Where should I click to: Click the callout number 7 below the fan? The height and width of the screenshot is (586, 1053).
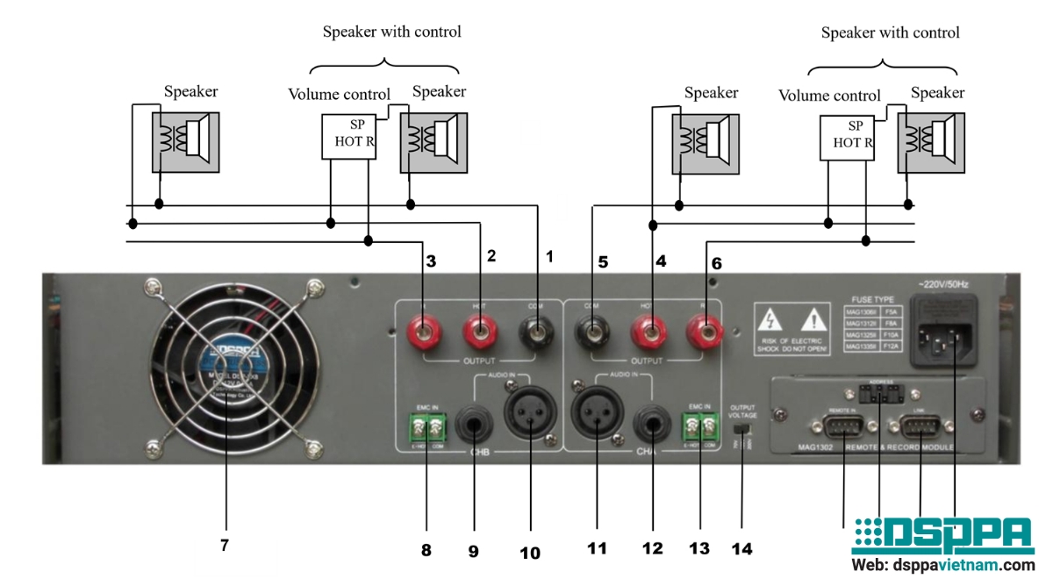pyautogui.click(x=224, y=545)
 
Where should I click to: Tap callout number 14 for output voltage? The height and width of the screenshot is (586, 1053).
pyautogui.click(x=741, y=549)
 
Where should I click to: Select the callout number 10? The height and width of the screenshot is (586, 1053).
pyautogui.click(x=529, y=553)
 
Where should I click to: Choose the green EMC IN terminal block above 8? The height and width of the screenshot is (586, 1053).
pyautogui.click(x=427, y=428)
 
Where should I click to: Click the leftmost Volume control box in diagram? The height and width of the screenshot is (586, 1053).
pyautogui.click(x=348, y=136)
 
